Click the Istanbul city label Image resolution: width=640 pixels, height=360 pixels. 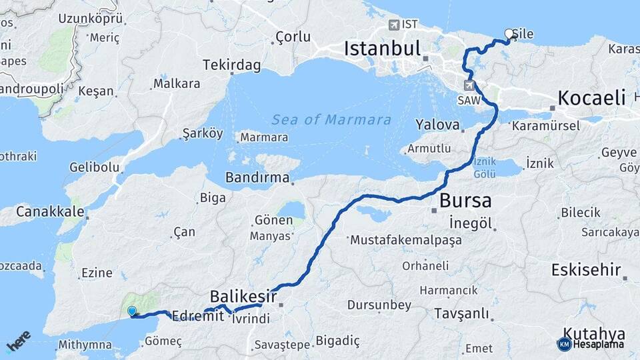(x=383, y=49)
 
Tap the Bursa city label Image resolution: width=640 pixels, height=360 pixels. (x=465, y=201)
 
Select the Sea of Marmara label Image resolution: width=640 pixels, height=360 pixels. (x=331, y=120)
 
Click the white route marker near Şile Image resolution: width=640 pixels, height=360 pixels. (x=509, y=33)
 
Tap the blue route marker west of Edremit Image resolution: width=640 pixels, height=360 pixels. (x=132, y=311)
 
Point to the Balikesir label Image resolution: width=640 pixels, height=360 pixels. (x=243, y=295)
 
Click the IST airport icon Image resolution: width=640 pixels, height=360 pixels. (x=394, y=25)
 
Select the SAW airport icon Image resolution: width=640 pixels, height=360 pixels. (x=470, y=85)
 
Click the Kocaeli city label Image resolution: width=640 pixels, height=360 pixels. (x=591, y=98)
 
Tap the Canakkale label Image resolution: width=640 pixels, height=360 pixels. (x=50, y=211)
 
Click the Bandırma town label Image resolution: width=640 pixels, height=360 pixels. (x=257, y=178)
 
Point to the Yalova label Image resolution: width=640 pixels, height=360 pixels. (x=437, y=125)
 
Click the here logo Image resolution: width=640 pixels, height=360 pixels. (x=18, y=341)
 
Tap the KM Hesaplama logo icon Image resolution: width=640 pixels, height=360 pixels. (x=564, y=344)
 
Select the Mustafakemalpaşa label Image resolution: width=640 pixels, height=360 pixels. (x=396, y=239)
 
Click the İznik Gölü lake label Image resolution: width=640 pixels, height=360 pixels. (x=484, y=167)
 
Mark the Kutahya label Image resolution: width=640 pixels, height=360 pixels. (x=594, y=333)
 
